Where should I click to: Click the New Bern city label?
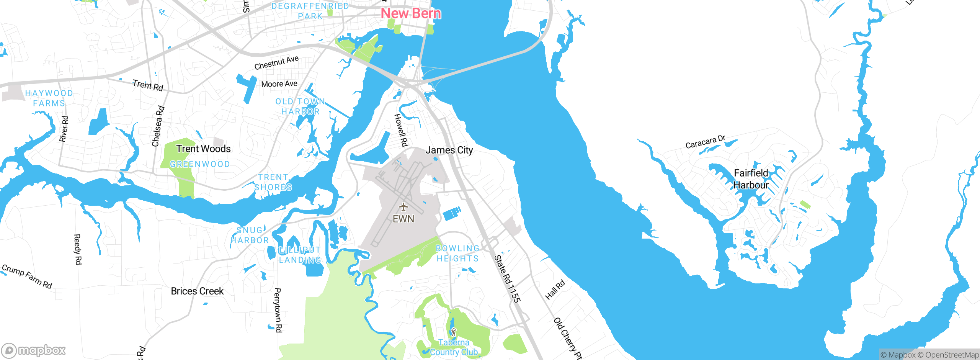tap(411, 14)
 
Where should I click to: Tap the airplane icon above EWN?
tap(403, 207)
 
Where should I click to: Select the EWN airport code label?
tap(403, 219)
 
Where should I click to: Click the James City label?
tap(449, 150)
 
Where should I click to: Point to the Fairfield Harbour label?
tap(751, 179)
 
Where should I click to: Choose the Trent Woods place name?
tap(203, 149)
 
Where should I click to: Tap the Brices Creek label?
tap(197, 291)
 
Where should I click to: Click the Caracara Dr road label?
tap(705, 142)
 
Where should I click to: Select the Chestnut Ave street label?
tap(276, 63)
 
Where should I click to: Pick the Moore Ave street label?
tap(279, 84)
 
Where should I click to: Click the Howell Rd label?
tap(401, 130)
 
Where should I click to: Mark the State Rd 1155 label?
tap(507, 279)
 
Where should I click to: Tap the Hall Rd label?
tap(555, 290)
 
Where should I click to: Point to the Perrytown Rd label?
tap(278, 310)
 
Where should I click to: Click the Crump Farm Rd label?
tap(27, 276)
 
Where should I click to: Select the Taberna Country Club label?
tap(454, 347)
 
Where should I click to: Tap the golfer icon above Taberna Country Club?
tap(454, 332)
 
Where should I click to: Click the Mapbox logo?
tap(34, 350)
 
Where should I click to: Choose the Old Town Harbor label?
tap(300, 106)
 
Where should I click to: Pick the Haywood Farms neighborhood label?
tap(49, 98)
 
